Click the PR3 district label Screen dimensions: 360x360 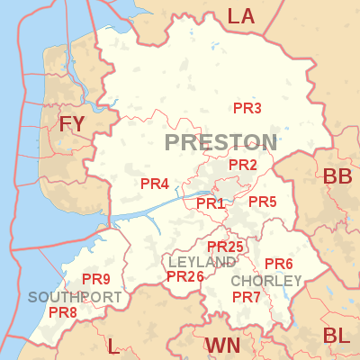click(x=247, y=109)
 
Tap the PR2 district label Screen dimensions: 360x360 click(x=243, y=165)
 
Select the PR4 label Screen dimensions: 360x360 click(x=155, y=184)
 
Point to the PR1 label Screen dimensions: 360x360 click(x=211, y=203)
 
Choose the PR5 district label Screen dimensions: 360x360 click(x=262, y=202)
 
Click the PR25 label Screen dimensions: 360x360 click(x=225, y=247)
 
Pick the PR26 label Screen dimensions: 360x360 click(x=185, y=276)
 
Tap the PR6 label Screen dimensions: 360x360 click(x=279, y=264)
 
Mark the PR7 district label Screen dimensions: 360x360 click(x=247, y=297)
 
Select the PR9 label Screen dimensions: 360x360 click(x=96, y=279)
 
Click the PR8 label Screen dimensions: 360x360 click(x=63, y=312)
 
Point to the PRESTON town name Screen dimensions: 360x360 click(x=221, y=142)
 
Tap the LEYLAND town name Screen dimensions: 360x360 click(x=202, y=261)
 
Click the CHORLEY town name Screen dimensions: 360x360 click(x=266, y=282)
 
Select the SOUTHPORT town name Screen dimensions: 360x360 click(x=75, y=297)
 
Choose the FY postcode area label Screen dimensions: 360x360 click(x=71, y=124)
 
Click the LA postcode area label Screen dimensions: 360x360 click(x=241, y=15)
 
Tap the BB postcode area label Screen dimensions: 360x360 click(x=337, y=176)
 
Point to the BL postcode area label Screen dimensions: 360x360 click(x=337, y=336)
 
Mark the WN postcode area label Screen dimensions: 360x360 click(x=222, y=346)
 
